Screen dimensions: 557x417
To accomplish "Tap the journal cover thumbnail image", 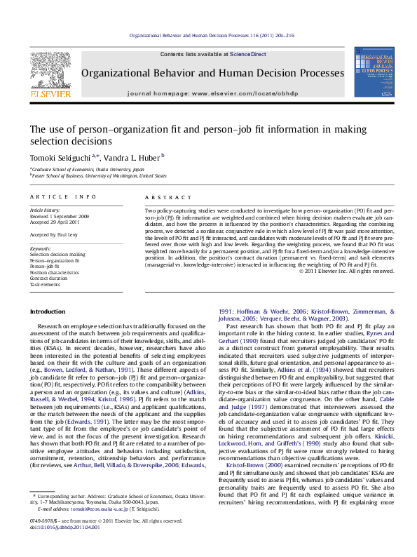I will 370,72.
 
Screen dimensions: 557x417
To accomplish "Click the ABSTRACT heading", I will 162,198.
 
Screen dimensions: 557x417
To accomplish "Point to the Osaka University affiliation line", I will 88,170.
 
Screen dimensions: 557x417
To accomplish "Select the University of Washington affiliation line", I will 99,176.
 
